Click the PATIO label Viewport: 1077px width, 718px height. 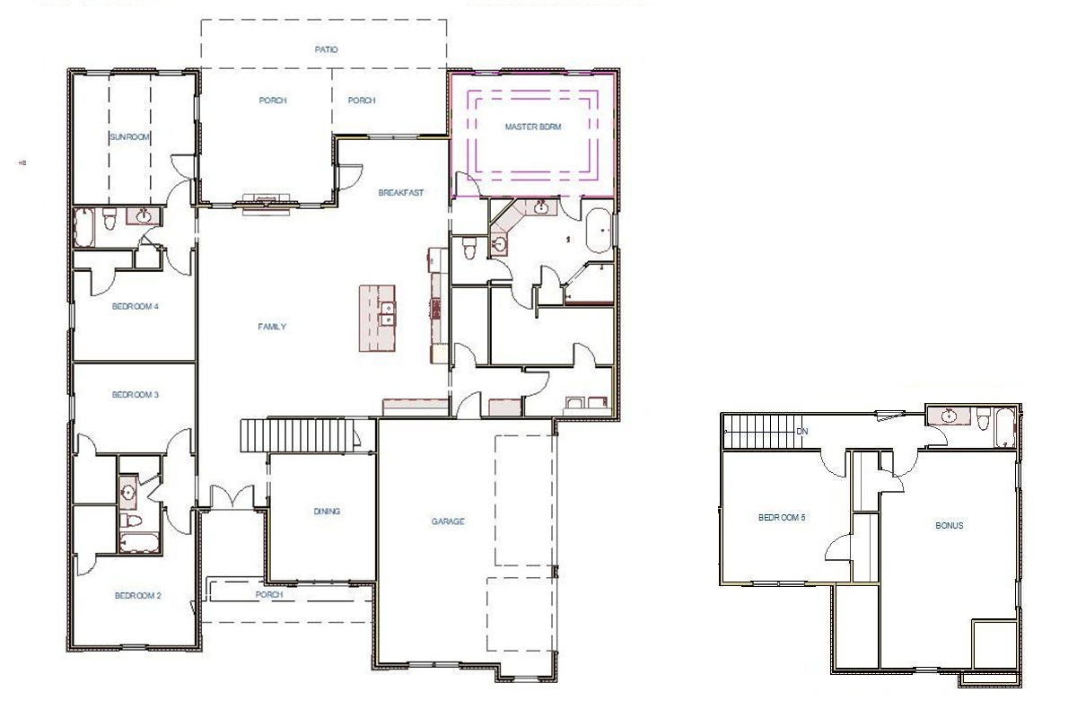(326, 49)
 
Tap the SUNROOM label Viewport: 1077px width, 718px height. (129, 137)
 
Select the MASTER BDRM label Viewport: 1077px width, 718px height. (533, 127)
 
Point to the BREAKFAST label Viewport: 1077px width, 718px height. (400, 193)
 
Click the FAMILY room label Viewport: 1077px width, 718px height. (272, 327)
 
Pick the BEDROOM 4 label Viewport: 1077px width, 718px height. (136, 307)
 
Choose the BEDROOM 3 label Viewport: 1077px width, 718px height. (136, 395)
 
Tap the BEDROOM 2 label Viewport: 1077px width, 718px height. (137, 596)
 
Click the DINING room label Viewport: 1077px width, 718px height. (327, 512)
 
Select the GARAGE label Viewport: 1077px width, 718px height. (448, 521)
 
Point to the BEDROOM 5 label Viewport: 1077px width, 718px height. (782, 517)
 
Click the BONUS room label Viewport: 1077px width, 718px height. (949, 526)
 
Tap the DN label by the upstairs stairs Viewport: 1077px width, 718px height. (802, 432)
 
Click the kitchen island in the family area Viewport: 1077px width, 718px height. (378, 319)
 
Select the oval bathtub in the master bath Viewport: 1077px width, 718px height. (599, 232)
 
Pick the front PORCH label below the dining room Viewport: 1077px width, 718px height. (269, 595)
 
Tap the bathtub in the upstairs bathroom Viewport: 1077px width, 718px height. (1004, 426)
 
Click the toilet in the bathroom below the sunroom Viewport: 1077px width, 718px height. (109, 218)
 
